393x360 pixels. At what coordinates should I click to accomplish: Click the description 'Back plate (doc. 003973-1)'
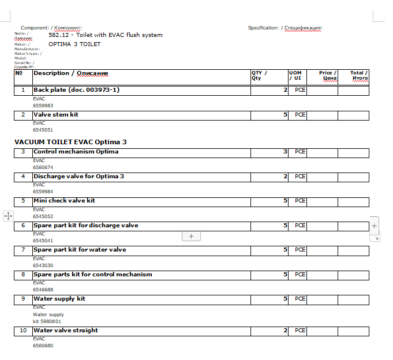76,90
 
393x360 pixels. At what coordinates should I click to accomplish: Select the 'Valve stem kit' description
56,115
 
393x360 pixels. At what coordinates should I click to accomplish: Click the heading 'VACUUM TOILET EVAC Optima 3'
70,141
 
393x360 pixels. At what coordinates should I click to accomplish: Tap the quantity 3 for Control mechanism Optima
285,152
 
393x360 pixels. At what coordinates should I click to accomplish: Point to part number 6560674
43,167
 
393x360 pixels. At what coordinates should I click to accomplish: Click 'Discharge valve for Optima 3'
78,176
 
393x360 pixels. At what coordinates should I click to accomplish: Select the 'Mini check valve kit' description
64,201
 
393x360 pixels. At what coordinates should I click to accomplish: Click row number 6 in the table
23,226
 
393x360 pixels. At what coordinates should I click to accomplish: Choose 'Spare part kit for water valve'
80,250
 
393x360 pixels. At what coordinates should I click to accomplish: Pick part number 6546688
43,290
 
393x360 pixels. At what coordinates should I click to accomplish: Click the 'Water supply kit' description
59,299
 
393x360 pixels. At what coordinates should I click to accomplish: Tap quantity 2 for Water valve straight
285,331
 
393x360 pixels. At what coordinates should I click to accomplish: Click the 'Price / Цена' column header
327,76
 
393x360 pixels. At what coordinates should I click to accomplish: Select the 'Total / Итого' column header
359,76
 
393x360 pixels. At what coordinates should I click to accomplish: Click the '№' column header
19,73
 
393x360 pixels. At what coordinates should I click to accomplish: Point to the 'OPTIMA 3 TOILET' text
74,44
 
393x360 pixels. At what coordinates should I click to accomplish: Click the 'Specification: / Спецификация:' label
285,28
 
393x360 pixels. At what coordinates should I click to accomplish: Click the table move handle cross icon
8,216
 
